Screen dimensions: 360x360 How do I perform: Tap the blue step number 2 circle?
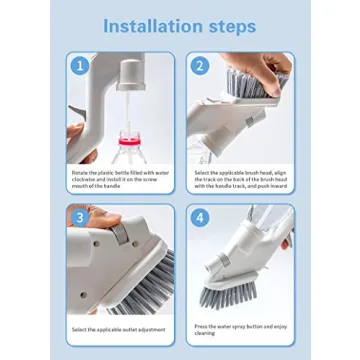pos(198,66)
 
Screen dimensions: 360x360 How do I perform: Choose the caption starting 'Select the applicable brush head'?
pos(237,179)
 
